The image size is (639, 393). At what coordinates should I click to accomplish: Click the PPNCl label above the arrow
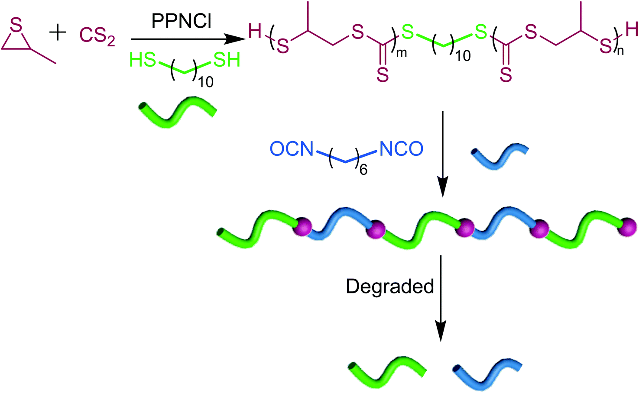pos(181,21)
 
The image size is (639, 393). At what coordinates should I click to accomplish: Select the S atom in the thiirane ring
pos(16,26)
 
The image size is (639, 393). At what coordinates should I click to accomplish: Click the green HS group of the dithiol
pos(143,61)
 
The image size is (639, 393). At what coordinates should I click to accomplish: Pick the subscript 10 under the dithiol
pos(206,81)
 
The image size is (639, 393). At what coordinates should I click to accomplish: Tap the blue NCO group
pos(401,149)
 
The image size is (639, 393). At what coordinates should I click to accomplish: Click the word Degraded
pos(390,287)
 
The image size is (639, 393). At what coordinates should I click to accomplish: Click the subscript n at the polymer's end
pos(620,52)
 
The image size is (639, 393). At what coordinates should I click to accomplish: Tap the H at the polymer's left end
pos(255,31)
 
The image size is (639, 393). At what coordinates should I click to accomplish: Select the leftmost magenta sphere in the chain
pos(302,227)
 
